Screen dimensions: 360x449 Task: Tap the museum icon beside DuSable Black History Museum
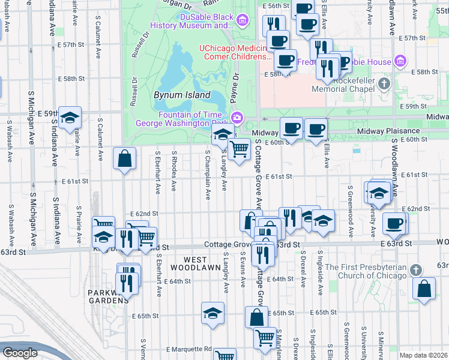(x=243, y=22)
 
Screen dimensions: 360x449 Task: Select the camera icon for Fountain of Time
(x=238, y=117)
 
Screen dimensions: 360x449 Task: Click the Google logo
(x=20, y=353)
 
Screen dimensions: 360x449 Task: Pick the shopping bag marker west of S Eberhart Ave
(x=124, y=160)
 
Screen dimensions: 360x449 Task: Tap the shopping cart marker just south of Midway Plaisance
(x=240, y=149)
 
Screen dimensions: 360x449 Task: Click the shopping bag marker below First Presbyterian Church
(x=424, y=289)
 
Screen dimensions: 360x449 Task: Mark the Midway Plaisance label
(x=388, y=131)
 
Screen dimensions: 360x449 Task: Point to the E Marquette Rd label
(x=190, y=349)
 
